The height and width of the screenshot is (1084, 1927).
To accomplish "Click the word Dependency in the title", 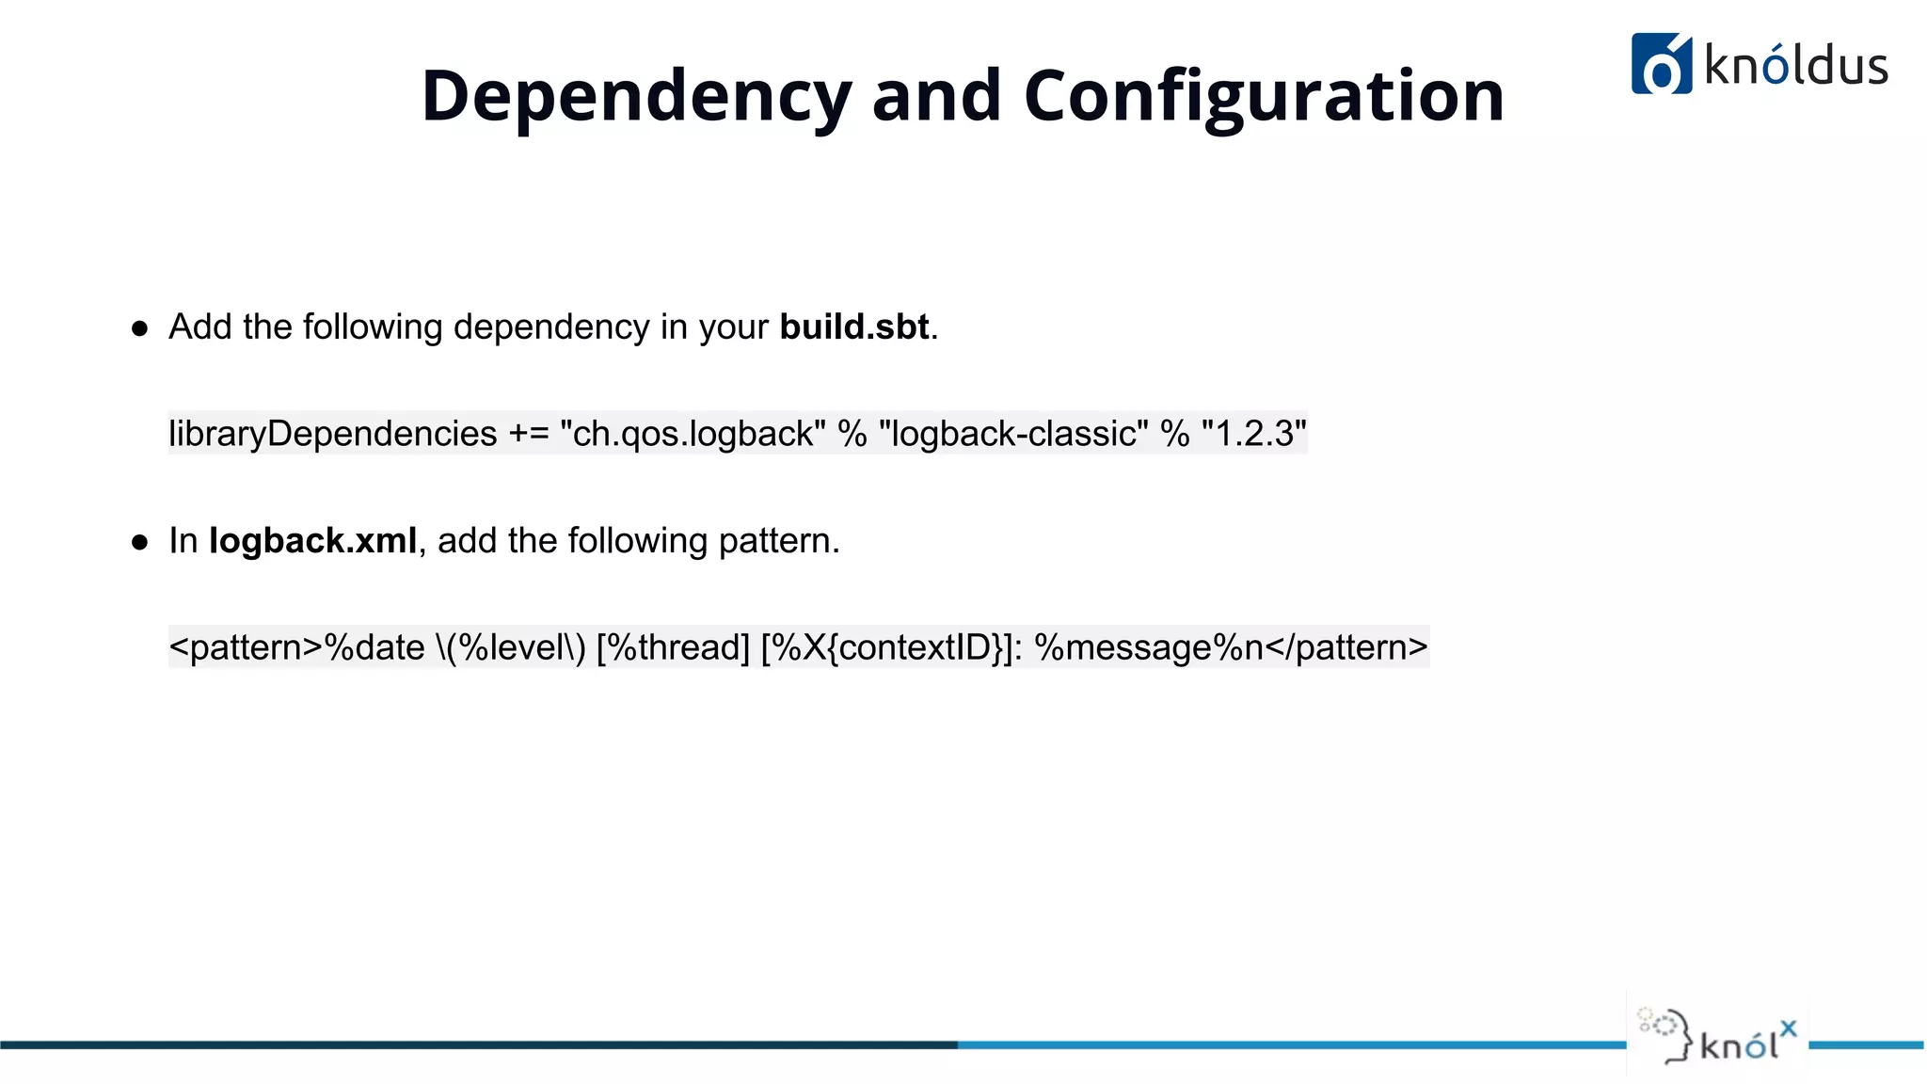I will pos(636,96).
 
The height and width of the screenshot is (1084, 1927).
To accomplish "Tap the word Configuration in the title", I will pos(1264,96).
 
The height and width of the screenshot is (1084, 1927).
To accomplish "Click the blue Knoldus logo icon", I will pos(1661,64).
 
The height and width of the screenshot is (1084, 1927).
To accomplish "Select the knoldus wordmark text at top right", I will pos(1796,66).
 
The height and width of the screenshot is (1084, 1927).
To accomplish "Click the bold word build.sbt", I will pos(854,327).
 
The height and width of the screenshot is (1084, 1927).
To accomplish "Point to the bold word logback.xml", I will pos(312,541).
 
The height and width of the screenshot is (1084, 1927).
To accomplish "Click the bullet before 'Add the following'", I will pos(140,328).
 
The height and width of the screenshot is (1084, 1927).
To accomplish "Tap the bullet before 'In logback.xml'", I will pos(140,542).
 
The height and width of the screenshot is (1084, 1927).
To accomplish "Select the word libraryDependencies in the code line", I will pos(333,434).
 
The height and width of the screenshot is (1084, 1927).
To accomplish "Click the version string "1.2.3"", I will pos(1253,434).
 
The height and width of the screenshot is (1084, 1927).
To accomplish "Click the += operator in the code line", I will pos(528,434).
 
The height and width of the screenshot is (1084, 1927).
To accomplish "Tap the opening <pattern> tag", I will pos(246,647).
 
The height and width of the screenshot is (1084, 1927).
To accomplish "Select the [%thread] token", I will pos(673,647).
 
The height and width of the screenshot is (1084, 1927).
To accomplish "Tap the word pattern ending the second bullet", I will pos(774,541).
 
